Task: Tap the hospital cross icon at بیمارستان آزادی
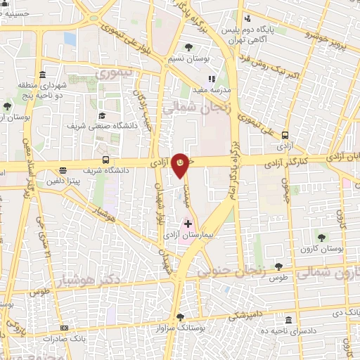(x=188, y=224)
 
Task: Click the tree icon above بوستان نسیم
(x=188, y=48)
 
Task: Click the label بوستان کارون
(x=323, y=250)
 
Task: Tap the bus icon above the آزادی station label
(x=285, y=135)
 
